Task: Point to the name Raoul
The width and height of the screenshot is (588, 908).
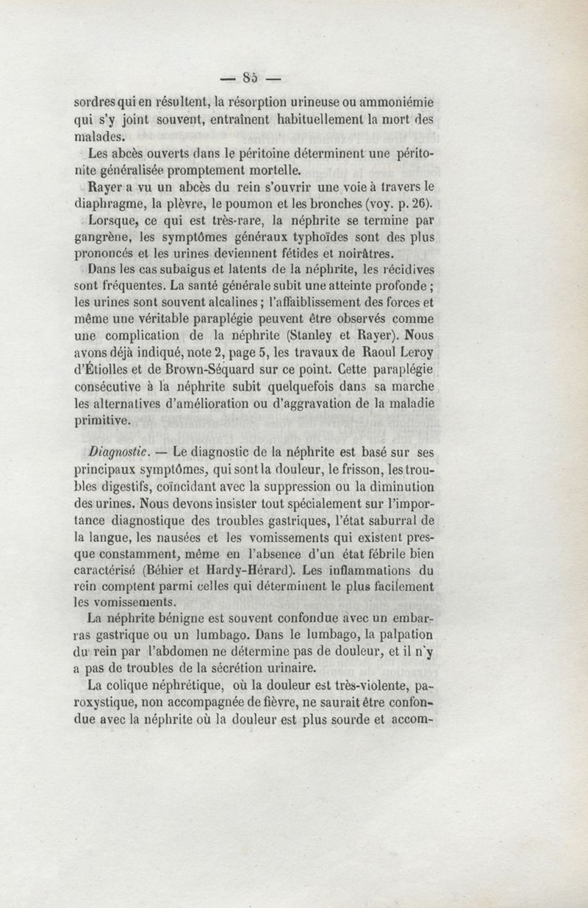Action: click(387, 351)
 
